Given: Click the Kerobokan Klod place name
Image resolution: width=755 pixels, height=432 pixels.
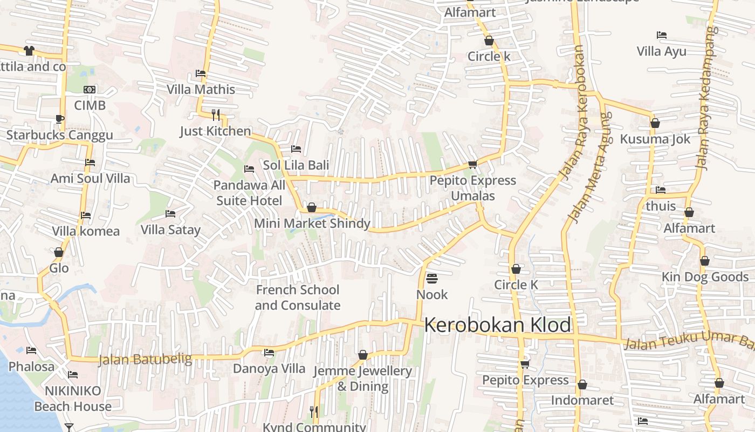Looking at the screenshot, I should click(497, 325).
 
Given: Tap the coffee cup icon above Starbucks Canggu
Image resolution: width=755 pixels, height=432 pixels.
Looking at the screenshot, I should click(59, 119).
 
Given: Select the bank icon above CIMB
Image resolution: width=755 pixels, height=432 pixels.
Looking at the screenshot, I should click(90, 90).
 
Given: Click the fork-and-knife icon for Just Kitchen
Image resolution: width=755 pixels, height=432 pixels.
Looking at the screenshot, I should click(216, 114).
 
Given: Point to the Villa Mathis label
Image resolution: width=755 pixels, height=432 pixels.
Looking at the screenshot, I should click(201, 89).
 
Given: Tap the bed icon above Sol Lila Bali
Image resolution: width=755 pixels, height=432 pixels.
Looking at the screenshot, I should click(296, 149).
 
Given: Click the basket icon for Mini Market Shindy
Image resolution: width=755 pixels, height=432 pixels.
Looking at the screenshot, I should click(311, 207).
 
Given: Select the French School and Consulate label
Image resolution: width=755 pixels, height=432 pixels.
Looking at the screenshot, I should click(297, 298).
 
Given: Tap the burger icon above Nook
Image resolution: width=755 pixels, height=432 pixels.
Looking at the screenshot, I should click(431, 279).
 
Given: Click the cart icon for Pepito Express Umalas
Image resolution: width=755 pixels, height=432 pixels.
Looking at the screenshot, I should click(472, 164).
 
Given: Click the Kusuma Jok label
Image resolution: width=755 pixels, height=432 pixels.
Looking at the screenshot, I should click(655, 139).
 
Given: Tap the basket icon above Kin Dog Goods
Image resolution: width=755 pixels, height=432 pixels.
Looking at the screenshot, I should click(704, 261).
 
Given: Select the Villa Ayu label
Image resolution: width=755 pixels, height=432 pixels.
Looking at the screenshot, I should click(661, 51).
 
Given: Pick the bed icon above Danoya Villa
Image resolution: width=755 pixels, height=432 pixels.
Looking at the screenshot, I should click(269, 353).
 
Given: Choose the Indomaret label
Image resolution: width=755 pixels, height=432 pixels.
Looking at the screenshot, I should click(582, 400).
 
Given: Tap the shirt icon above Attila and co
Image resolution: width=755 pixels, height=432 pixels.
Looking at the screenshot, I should click(29, 51).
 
